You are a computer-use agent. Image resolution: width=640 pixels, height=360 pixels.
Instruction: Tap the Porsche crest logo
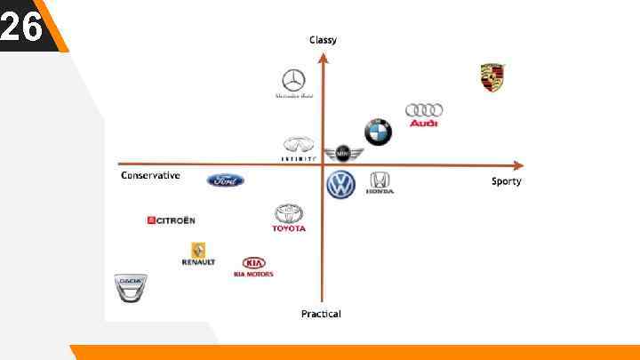pos(492,76)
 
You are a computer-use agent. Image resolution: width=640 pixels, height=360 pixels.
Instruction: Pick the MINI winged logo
pos(342,155)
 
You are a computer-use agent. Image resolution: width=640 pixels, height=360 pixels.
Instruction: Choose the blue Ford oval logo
pos(226,180)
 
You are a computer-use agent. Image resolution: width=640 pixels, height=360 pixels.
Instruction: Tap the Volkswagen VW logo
pos(340,184)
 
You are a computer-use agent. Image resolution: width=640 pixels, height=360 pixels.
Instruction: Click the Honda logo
pos(380,181)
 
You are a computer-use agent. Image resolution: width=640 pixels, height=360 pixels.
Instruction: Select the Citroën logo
pos(172,220)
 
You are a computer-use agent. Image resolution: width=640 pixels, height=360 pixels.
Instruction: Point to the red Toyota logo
pos(289,217)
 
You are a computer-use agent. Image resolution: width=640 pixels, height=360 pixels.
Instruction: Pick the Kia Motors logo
pos(253,266)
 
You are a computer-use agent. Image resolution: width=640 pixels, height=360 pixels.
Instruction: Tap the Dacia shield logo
pos(131,287)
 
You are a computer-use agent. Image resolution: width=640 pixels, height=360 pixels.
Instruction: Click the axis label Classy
pos(323,40)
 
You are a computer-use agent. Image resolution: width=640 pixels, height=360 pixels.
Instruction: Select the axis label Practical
pos(321,314)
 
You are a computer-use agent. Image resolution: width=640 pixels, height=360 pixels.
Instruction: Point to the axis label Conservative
pos(150,175)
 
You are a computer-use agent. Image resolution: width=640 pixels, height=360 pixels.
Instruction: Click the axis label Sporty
pos(507,181)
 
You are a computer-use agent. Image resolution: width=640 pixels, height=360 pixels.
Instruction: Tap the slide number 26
pos(21,27)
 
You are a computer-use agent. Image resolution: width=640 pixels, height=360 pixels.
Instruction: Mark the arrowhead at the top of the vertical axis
pos(323,57)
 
